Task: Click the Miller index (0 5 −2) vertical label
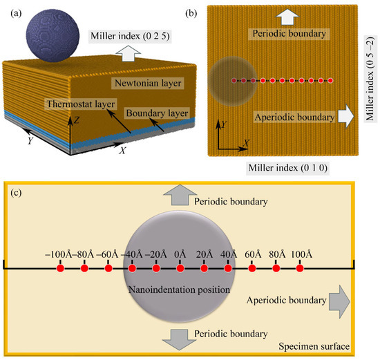tap(370, 83)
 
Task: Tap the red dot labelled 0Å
tap(180, 268)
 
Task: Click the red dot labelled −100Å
tap(60, 268)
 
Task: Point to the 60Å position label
tap(252, 254)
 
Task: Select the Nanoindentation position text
tap(179, 289)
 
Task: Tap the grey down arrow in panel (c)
tap(178, 339)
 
